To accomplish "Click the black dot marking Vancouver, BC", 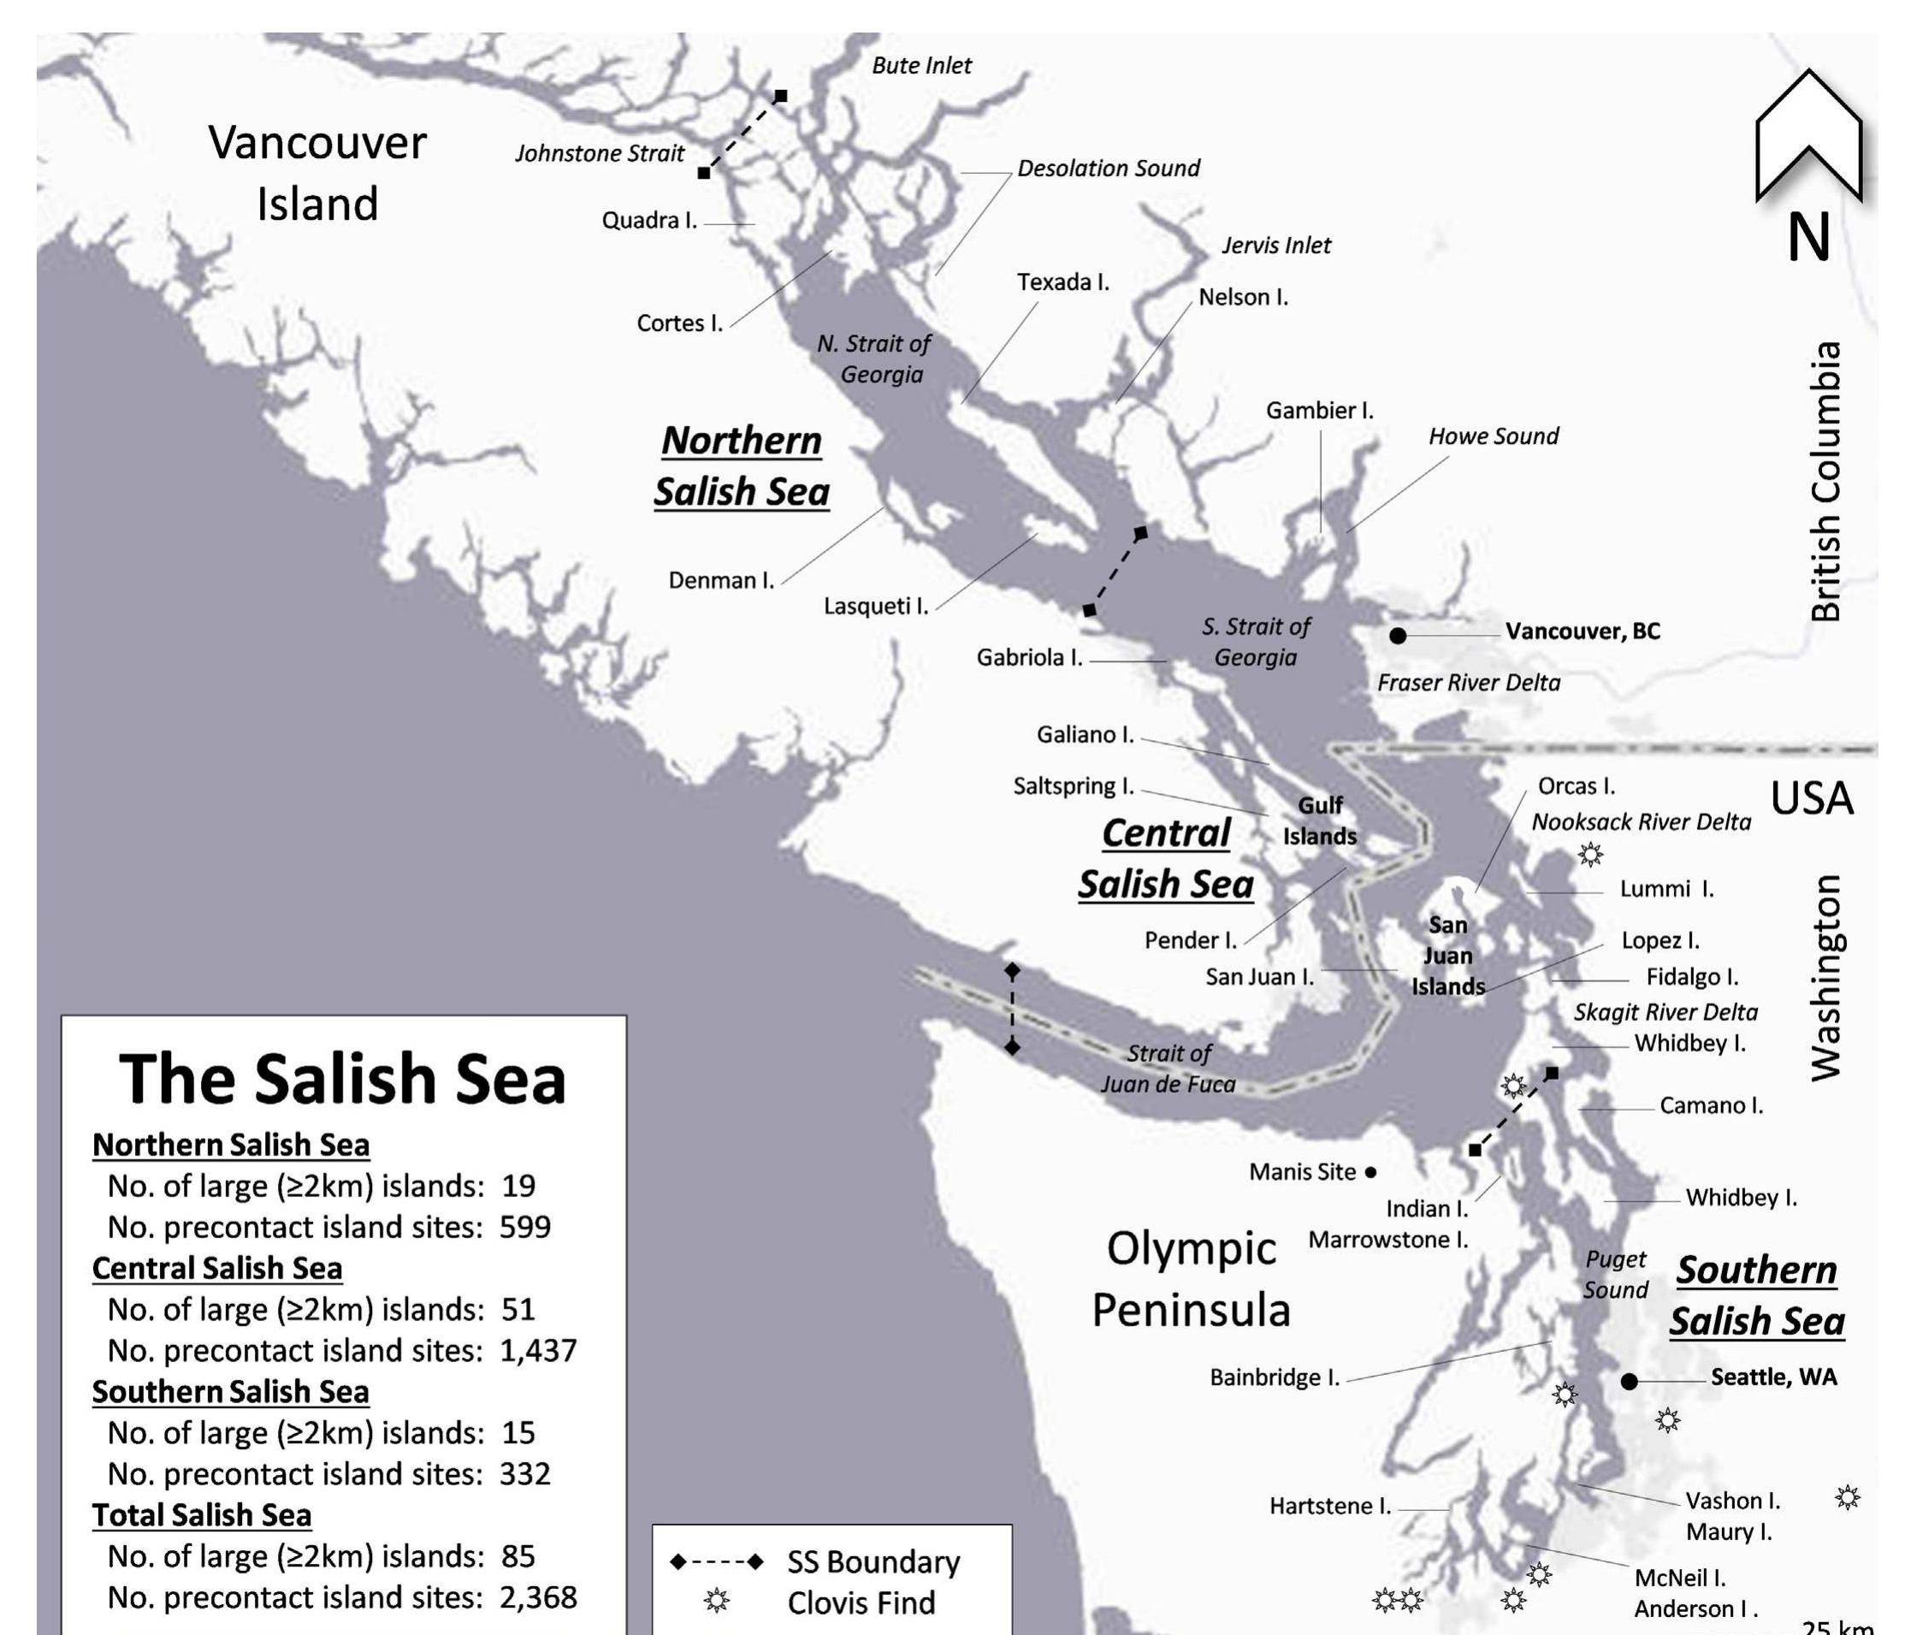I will coord(1398,636).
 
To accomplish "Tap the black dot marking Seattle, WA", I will coord(1630,1381).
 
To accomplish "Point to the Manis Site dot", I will coord(1371,1172).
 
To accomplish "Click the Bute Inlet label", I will coord(921,65).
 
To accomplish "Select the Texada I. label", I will coord(1062,282).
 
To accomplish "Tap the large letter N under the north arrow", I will coord(1808,238).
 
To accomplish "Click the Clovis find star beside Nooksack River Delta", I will coord(1590,854).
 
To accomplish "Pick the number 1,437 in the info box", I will coord(538,1351).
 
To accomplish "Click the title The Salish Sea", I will coord(343,1080).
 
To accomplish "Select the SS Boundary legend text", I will coord(873,1561).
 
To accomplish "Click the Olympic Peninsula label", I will coord(1191,1279).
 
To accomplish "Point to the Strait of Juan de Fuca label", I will coord(1168,1069).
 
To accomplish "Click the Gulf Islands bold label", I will coord(1319,821).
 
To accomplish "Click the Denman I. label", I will coord(721,580).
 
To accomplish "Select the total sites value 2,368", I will coord(538,1597).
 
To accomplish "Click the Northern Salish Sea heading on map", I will coord(741,466).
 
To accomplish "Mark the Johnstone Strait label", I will coord(600,153).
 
